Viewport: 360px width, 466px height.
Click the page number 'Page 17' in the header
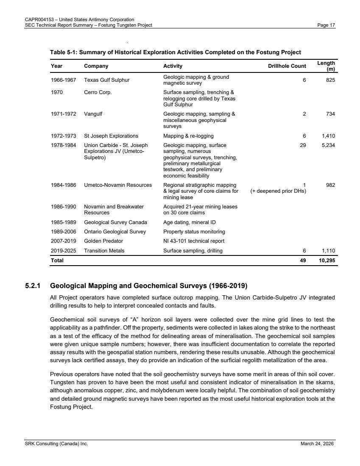point(326,25)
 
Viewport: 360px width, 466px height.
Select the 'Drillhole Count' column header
point(287,66)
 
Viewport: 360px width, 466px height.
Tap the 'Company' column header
point(96,66)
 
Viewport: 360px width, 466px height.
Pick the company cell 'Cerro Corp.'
point(98,92)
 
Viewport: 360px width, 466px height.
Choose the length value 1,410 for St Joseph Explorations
point(328,136)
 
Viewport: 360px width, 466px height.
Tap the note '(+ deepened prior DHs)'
point(279,191)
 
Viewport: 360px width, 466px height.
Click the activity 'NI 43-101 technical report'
point(194,241)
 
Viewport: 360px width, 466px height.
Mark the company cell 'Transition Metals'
point(104,251)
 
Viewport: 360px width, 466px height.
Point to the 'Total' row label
point(57,261)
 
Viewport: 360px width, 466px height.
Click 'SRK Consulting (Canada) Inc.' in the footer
point(55,444)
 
